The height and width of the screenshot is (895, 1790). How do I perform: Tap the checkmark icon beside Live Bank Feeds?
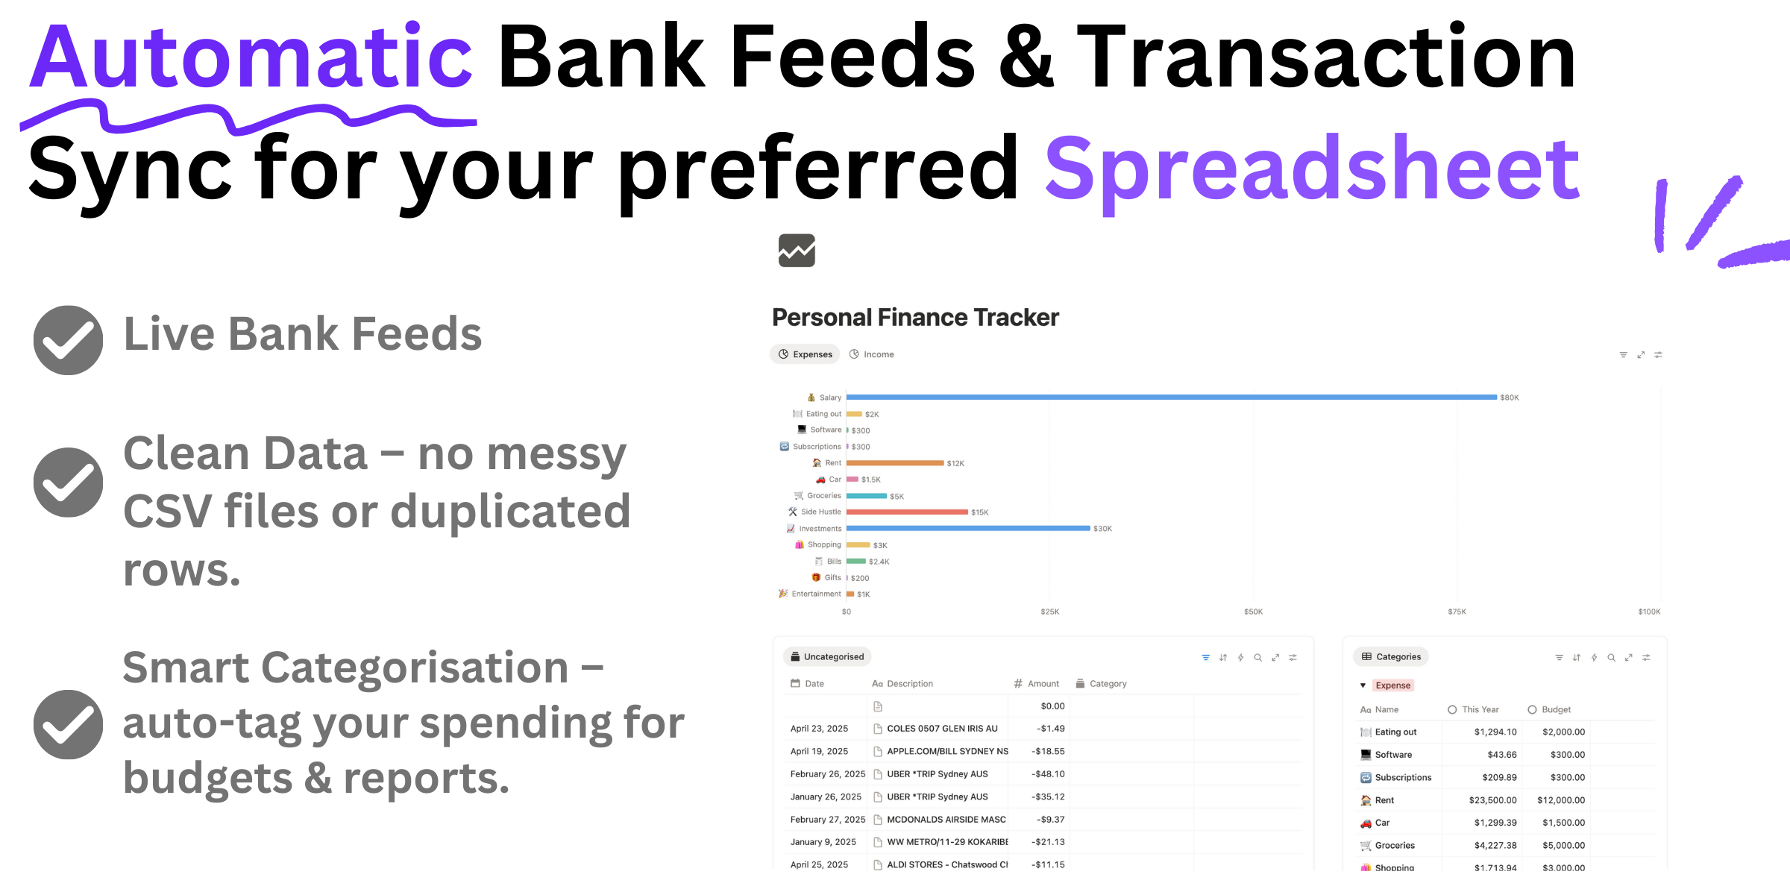coord(68,340)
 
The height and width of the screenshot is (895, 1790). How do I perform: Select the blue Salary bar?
coord(1171,397)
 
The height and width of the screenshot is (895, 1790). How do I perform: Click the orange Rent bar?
coord(895,463)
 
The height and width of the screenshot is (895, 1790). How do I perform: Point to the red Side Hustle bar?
coord(907,512)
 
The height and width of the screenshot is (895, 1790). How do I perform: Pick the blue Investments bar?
coord(968,529)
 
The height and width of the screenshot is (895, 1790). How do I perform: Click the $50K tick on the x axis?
coord(1253,612)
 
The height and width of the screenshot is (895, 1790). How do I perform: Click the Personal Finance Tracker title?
coord(915,318)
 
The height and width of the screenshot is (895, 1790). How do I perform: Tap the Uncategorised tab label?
coord(833,657)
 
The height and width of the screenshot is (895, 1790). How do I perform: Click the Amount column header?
coord(1043,684)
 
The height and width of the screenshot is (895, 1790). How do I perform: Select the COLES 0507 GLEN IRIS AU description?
coord(941,729)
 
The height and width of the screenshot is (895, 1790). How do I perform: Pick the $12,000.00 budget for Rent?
coord(1561,800)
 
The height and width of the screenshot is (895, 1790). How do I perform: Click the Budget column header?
coord(1556,709)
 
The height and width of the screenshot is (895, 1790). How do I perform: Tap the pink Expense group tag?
coord(1392,685)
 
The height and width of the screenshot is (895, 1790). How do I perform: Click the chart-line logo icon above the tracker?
coord(797,251)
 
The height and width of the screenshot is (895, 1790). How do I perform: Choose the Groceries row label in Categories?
coord(1394,846)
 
